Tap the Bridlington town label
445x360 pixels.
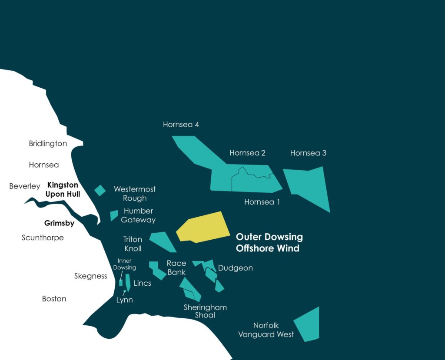coord(48,143)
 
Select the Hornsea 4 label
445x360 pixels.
coord(181,125)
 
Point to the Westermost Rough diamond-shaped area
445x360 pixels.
coord(100,190)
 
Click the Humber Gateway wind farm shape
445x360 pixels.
coord(114,215)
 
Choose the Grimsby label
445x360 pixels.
coord(59,224)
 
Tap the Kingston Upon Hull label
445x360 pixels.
coord(63,190)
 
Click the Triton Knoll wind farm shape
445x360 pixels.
coord(162,241)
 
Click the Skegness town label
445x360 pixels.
coord(90,276)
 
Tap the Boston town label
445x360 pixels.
coord(54,299)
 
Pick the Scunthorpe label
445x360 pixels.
coord(43,238)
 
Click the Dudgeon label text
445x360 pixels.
coord(235,268)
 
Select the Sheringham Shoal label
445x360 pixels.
coord(205,311)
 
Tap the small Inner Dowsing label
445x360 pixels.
coord(125,264)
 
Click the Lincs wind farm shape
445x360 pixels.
coord(128,282)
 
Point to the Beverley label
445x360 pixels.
coord(25,186)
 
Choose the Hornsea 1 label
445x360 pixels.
coord(262,202)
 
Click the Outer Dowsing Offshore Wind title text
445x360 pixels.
coord(269,243)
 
